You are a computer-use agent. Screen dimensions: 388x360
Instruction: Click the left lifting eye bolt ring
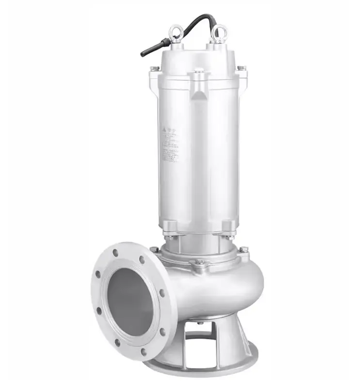[x=176, y=32]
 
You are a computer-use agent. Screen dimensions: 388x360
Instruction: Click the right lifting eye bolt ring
[x=219, y=32]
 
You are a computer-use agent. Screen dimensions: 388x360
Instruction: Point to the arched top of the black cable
[x=199, y=18]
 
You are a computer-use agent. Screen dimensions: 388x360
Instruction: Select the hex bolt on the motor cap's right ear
[x=241, y=67]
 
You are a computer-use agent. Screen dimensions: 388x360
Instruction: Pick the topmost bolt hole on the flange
[x=115, y=253]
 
